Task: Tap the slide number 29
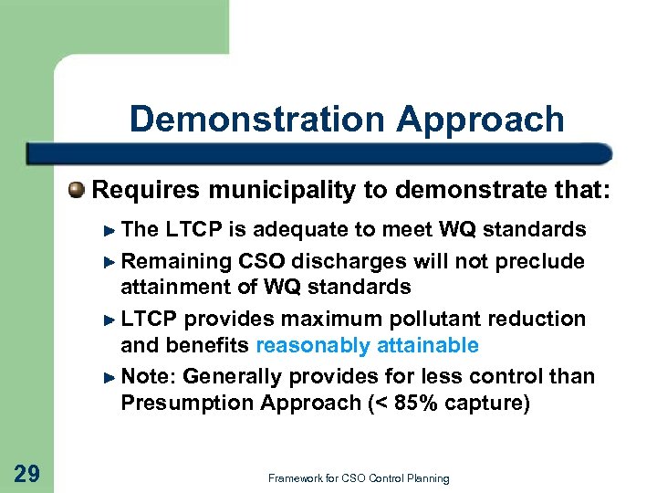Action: [x=27, y=472]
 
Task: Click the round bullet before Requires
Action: [x=78, y=191]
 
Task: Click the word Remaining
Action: [x=177, y=261]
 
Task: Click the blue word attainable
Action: [x=425, y=345]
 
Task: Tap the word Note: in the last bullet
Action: [x=148, y=376]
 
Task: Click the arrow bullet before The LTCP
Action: [x=110, y=229]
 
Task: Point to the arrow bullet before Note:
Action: [x=110, y=377]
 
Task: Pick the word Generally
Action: [x=230, y=376]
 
